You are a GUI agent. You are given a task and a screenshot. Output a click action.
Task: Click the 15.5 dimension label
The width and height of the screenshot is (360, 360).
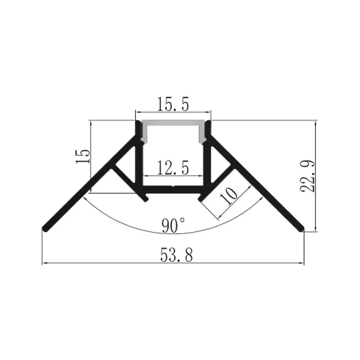click(173, 104)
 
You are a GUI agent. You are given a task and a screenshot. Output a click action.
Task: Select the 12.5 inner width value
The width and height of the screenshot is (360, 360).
click(173, 168)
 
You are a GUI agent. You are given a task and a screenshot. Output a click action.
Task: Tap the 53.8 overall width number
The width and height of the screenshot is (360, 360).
click(176, 255)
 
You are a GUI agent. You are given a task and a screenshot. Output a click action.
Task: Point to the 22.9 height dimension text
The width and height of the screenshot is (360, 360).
click(307, 176)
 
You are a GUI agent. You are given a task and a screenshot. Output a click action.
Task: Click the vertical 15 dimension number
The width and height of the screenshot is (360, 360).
click(83, 156)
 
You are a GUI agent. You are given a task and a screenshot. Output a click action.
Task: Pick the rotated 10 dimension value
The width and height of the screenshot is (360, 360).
click(229, 196)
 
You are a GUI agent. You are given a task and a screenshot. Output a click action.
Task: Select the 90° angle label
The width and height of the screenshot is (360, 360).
click(173, 225)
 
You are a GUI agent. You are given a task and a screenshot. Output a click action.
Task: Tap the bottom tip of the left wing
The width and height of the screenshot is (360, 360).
click(45, 229)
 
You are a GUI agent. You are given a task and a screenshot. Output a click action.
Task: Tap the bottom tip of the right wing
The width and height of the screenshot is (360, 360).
click(301, 229)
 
